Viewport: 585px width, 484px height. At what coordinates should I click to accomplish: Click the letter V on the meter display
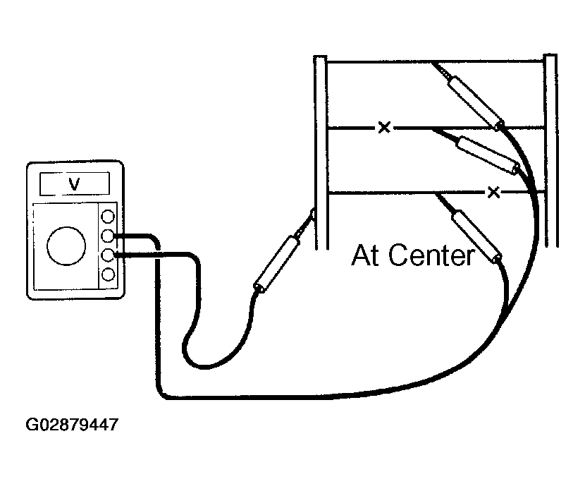(x=74, y=183)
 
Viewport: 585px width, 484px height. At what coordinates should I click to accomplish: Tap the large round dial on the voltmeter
(x=66, y=246)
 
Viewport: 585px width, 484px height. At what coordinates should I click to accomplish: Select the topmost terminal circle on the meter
(x=108, y=217)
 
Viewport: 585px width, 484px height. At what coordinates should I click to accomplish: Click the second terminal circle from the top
(x=108, y=236)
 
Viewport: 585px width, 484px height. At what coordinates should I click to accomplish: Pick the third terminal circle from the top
(x=108, y=255)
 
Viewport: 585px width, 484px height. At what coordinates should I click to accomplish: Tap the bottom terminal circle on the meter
(x=108, y=274)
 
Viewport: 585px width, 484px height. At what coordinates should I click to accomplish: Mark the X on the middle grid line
(x=384, y=127)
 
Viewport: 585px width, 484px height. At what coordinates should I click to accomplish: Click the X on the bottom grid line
(x=493, y=193)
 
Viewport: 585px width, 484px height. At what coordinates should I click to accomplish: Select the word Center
(x=432, y=255)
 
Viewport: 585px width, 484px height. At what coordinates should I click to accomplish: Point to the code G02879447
(x=72, y=425)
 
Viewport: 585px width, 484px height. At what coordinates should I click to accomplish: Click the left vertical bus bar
(x=321, y=152)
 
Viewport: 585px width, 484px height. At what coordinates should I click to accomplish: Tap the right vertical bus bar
(x=551, y=150)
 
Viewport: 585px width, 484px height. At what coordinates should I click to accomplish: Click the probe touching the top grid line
(x=468, y=95)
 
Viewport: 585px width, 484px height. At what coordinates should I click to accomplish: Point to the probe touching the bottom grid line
(x=470, y=227)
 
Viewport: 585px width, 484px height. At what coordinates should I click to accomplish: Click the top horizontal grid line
(x=436, y=61)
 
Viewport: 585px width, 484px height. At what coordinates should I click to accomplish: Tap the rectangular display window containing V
(x=75, y=183)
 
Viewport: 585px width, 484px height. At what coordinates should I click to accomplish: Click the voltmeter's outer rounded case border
(x=27, y=230)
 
